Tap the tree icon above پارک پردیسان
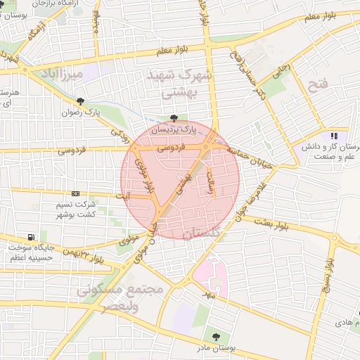click(x=174, y=118)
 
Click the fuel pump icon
click(x=31, y=237)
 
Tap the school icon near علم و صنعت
click(x=334, y=135)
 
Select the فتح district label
click(x=318, y=85)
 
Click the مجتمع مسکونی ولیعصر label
click(x=120, y=297)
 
